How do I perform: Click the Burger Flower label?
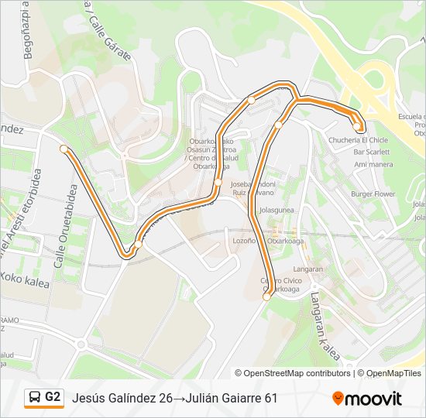(x=373, y=194)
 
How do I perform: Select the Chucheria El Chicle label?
(x=358, y=140)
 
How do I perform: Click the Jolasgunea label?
(x=277, y=210)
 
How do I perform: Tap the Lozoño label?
(x=244, y=241)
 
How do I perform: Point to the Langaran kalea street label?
(x=325, y=326)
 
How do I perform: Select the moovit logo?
(x=367, y=399)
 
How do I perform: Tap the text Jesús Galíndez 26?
(x=122, y=398)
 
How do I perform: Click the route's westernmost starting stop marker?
(x=64, y=148)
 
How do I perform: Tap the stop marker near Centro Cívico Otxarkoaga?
(x=266, y=296)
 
